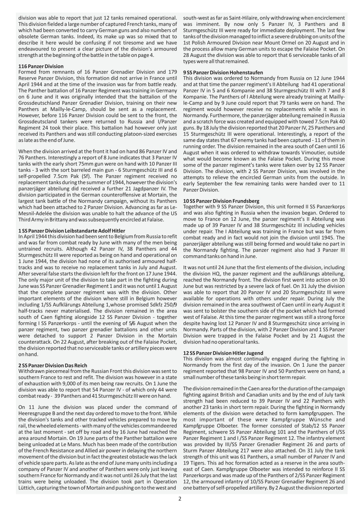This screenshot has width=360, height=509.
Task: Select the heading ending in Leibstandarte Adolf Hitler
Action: pyautogui.click(x=72, y=231)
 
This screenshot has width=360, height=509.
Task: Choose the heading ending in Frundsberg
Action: pyautogui.click(x=221, y=201)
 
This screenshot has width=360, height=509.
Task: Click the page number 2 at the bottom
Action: pyautogui.click(x=180, y=499)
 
